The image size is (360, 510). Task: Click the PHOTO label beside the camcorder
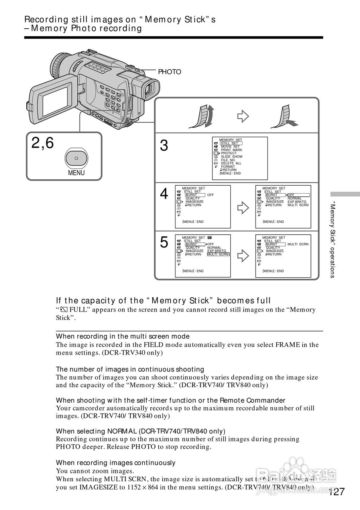tap(169, 72)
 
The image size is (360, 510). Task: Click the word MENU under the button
tap(76, 173)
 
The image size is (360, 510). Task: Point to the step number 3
tap(164, 147)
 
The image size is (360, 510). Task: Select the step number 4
tap(164, 194)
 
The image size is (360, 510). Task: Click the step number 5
tap(164, 243)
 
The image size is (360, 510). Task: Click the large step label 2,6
tap(43, 143)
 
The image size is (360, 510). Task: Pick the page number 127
tap(336, 492)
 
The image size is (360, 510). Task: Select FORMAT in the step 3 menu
tap(228, 167)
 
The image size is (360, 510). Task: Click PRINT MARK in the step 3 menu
tap(231, 150)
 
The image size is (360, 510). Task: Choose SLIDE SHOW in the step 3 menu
tap(232, 157)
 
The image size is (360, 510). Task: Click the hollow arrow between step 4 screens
tap(243, 206)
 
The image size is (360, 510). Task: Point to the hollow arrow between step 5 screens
tap(243, 255)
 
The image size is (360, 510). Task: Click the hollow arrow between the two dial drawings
tap(243, 116)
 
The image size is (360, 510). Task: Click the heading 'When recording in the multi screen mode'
tap(122, 336)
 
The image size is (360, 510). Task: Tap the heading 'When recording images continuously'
tap(116, 463)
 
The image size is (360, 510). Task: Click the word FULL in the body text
tap(77, 310)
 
